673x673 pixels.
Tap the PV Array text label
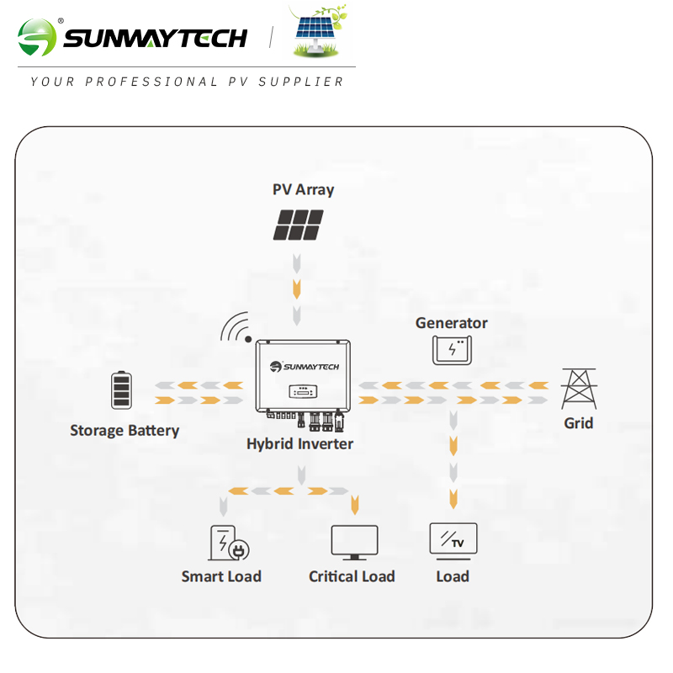[x=303, y=189]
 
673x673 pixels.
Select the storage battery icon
[x=122, y=390]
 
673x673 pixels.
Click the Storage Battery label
[x=125, y=431]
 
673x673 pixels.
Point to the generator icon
[x=452, y=350]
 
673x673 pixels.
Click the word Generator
[x=452, y=323]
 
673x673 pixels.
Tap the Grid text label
[x=578, y=423]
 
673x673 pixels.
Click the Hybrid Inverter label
[x=299, y=443]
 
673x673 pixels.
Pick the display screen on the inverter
[x=302, y=391]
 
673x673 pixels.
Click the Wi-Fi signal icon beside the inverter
[x=236, y=328]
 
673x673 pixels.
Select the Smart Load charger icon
[x=228, y=543]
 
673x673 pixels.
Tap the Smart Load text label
[x=221, y=576]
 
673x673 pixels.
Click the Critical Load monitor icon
[x=354, y=543]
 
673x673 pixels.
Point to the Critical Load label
[x=352, y=576]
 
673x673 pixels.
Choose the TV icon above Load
[x=453, y=540]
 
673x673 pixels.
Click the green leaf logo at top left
[x=38, y=38]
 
